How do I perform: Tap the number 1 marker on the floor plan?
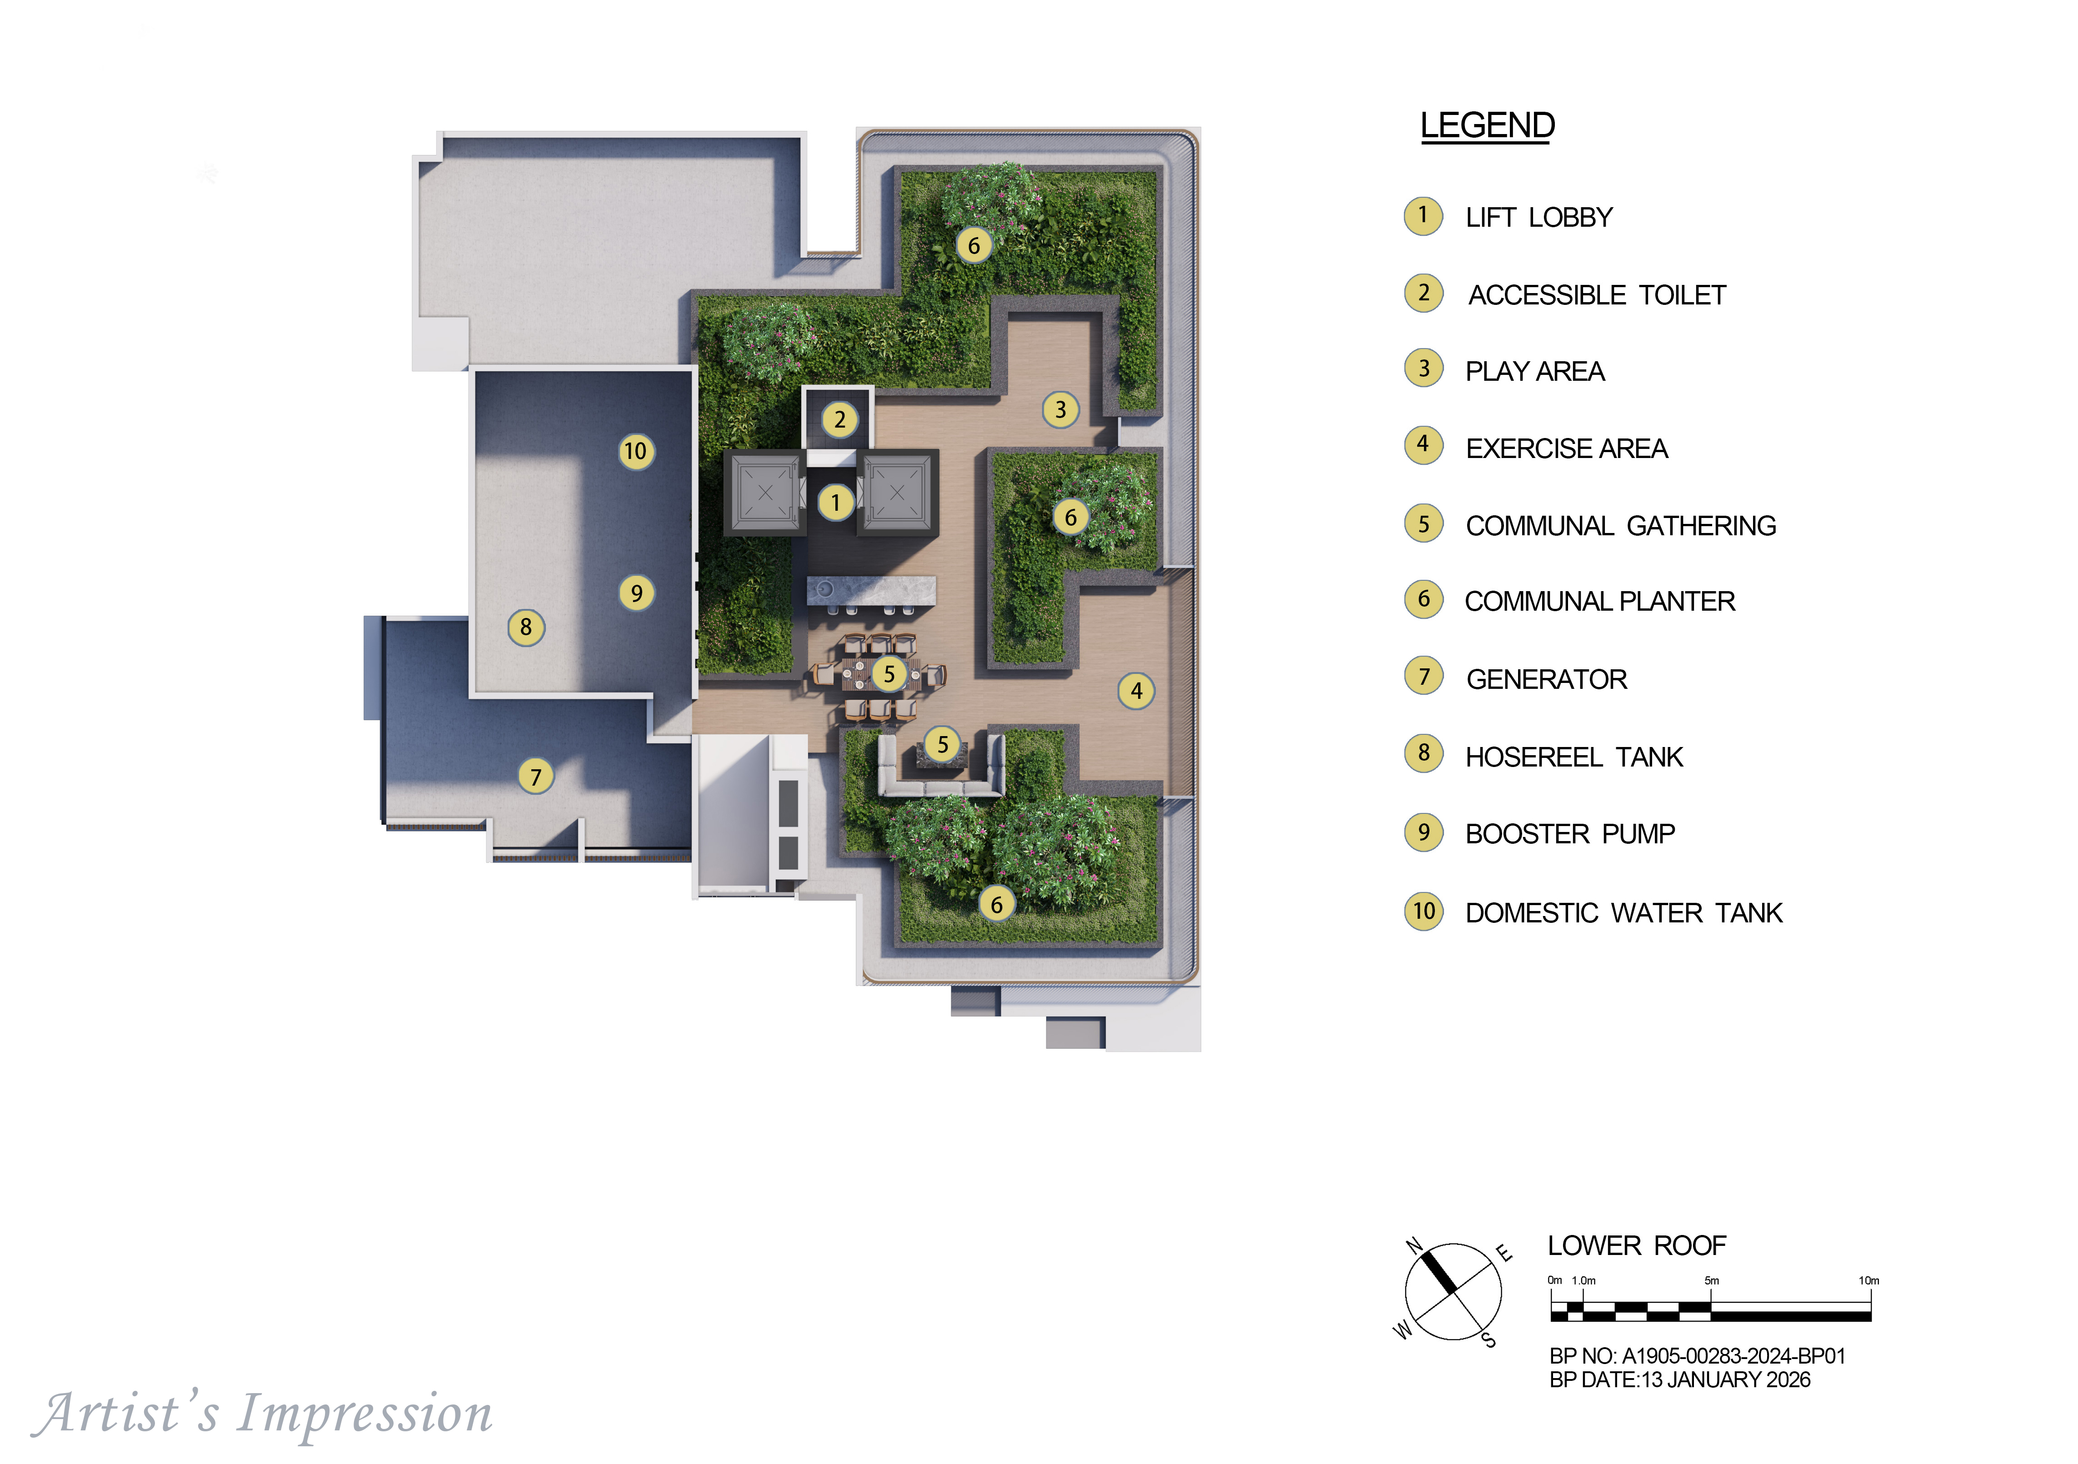835,502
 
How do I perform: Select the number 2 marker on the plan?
840,420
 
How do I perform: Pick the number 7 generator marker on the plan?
536,777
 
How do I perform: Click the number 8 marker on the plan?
526,627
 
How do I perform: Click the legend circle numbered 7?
1424,677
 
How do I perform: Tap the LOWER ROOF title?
1636,1246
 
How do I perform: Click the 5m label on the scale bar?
1712,1280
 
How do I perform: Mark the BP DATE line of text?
1680,1380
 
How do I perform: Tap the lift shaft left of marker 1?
765,493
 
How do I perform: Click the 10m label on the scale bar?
1869,1280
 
